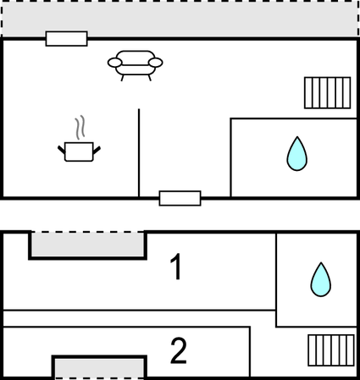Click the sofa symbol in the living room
135,65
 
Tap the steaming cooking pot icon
79,151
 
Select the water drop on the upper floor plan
297,154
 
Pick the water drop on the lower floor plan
321,279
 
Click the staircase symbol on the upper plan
328,93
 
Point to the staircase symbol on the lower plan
331,350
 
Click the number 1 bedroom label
175,267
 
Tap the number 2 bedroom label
179,351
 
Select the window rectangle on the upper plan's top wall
67,39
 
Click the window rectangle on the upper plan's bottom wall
180,198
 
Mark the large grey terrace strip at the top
180,19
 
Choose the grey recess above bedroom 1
87,244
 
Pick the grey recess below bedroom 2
99,368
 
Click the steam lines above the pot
80,127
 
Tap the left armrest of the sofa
115,63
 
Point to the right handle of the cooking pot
97,151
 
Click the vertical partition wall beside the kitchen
139,153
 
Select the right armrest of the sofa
156,63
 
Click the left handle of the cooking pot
62,151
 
